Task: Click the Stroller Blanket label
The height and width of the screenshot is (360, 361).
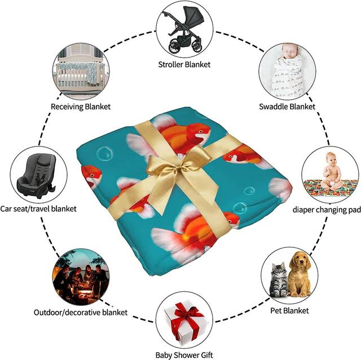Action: pyautogui.click(x=184, y=64)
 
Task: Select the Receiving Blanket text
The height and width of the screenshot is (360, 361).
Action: pyautogui.click(x=81, y=106)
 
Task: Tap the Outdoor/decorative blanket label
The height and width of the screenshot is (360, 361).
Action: pyautogui.click(x=81, y=312)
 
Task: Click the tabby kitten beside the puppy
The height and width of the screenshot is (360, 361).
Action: pyautogui.click(x=279, y=280)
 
